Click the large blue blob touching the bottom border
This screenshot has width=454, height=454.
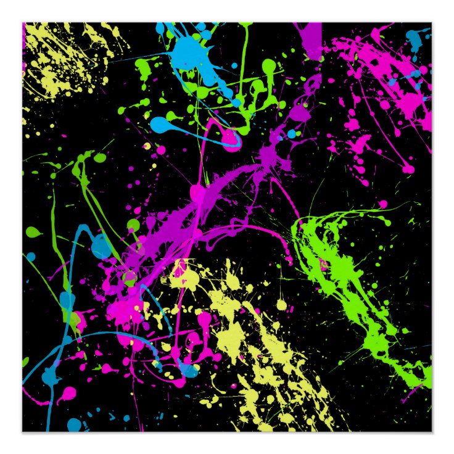(74, 424)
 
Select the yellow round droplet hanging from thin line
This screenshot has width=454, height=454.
(281, 303)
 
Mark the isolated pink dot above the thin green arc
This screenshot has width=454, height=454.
(382, 204)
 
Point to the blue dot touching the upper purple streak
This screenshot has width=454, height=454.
(291, 134)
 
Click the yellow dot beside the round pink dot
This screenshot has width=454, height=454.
(147, 146)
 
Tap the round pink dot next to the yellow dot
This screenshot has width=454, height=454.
(161, 150)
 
